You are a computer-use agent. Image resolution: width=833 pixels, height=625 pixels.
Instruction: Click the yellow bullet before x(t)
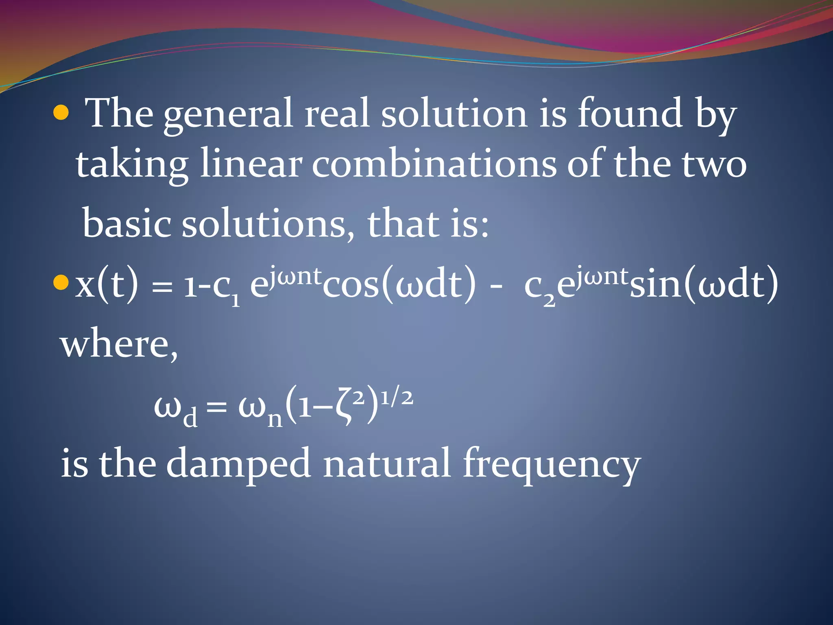click(x=61, y=282)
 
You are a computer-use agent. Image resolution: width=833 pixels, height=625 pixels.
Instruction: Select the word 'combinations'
click(x=434, y=164)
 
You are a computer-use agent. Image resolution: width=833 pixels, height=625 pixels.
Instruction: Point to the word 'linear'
click(x=251, y=164)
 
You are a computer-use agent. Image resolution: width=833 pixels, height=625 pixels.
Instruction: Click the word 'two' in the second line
click(x=714, y=164)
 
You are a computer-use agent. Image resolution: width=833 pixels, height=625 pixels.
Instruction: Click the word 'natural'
click(x=386, y=463)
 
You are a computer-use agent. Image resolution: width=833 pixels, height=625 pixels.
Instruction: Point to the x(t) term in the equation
click(x=107, y=285)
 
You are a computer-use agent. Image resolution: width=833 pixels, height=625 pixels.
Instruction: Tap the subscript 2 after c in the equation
click(x=549, y=300)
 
